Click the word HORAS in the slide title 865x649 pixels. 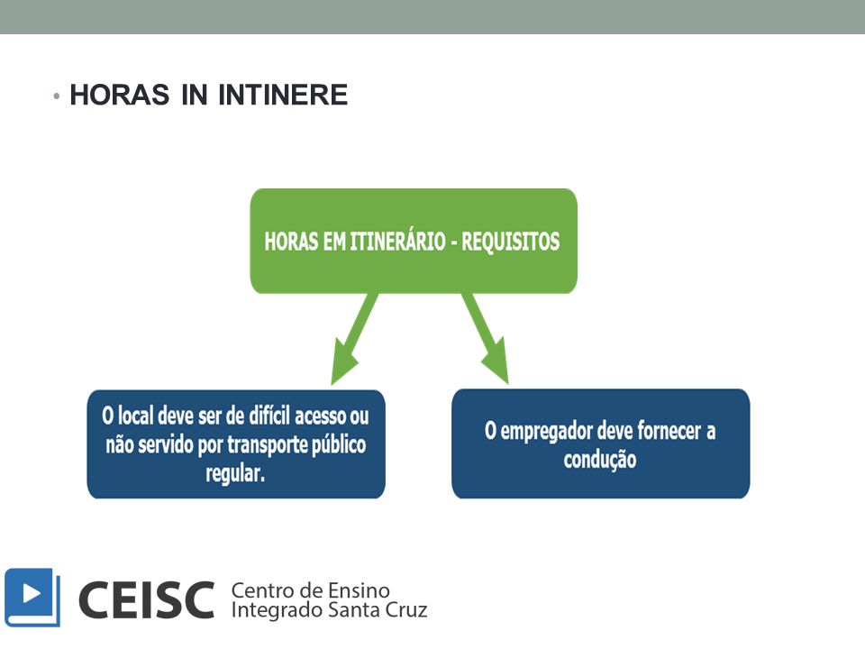tap(120, 95)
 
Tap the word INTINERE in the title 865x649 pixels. tap(283, 95)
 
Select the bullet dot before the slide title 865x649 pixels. tap(56, 96)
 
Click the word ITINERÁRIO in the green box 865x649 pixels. tap(397, 242)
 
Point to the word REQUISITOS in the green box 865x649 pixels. tap(510, 242)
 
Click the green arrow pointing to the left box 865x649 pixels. tap(353, 339)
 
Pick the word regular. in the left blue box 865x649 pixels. tap(235, 473)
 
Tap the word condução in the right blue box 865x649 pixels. tap(600, 460)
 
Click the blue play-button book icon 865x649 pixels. tap(32, 598)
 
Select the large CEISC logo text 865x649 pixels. tap(146, 600)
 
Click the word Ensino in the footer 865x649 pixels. tap(359, 590)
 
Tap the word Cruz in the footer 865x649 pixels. tap(408, 610)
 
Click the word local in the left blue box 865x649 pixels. tap(136, 416)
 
